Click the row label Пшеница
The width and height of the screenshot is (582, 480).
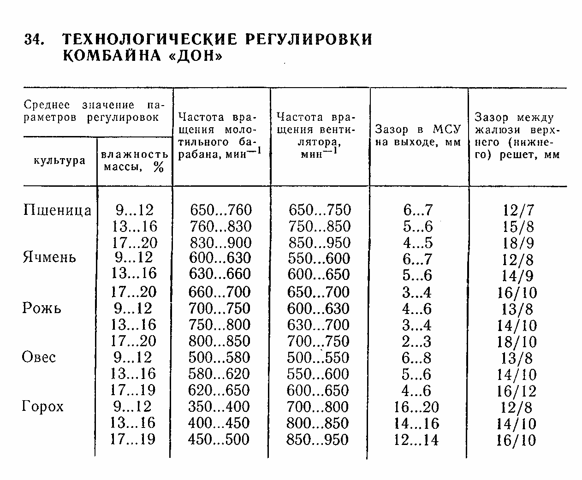pyautogui.click(x=57, y=210)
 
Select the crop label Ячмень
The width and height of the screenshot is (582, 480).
pyautogui.click(x=49, y=257)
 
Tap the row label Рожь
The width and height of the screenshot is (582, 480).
pyautogui.click(x=42, y=308)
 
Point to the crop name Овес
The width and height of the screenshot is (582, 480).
pyautogui.click(x=39, y=357)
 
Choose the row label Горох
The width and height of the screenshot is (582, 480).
pyautogui.click(x=43, y=406)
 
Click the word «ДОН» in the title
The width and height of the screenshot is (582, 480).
pyautogui.click(x=194, y=56)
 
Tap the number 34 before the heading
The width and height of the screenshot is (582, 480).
pyautogui.click(x=34, y=40)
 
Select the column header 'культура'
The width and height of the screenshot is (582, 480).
pyautogui.click(x=59, y=160)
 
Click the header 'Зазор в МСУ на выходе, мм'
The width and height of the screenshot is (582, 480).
pyautogui.click(x=418, y=136)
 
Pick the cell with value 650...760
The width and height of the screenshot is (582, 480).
pyautogui.click(x=221, y=210)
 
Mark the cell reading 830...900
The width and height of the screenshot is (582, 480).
pyautogui.click(x=220, y=243)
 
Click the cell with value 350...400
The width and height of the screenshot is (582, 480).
pyautogui.click(x=219, y=407)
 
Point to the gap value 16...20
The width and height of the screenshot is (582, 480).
pyautogui.click(x=417, y=407)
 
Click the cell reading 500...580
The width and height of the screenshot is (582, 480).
pyautogui.click(x=219, y=357)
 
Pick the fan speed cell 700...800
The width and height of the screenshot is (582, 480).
pyautogui.click(x=317, y=407)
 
